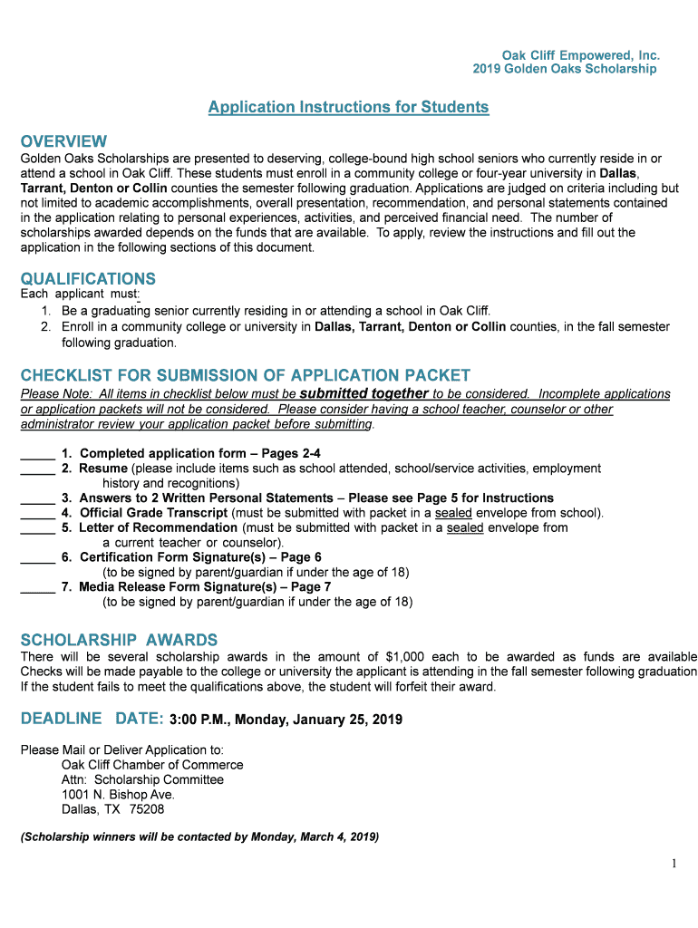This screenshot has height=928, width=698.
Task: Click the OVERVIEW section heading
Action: click(63, 141)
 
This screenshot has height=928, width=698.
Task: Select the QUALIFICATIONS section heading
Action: click(88, 278)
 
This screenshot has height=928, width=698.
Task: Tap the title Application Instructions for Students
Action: click(348, 107)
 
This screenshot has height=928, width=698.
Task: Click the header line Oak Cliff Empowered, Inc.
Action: click(580, 54)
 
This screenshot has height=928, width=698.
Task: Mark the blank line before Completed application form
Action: click(37, 454)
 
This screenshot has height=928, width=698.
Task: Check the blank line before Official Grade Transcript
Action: click(37, 513)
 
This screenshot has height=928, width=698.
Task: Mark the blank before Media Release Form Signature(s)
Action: click(37, 587)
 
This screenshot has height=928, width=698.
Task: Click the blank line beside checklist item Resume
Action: click(37, 469)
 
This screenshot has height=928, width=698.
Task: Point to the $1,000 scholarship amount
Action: click(407, 656)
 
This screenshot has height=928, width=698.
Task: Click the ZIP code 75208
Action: click(147, 809)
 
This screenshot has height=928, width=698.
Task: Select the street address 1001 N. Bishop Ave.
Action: click(118, 794)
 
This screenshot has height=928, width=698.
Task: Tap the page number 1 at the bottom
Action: click(674, 864)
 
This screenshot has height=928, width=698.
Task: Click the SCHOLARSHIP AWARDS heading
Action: click(119, 639)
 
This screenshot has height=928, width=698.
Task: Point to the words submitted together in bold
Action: click(364, 393)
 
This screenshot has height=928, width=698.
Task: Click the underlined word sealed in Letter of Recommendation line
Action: click(465, 527)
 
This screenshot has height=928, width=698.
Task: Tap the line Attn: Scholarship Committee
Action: click(142, 779)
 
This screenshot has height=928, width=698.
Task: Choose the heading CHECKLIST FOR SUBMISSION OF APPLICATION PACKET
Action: click(245, 375)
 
